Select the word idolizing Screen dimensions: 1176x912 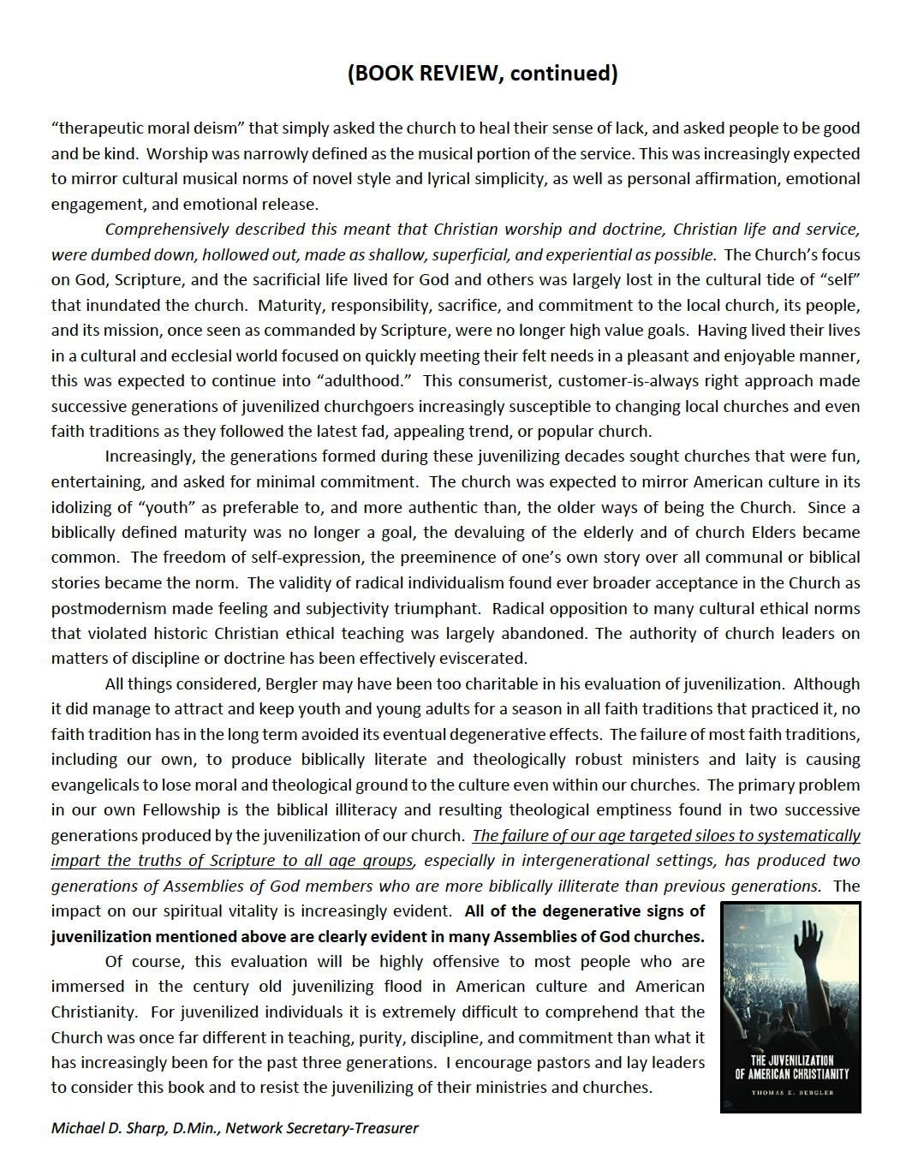pos(86,507)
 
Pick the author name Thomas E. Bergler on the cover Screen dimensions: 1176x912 pos(790,1093)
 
